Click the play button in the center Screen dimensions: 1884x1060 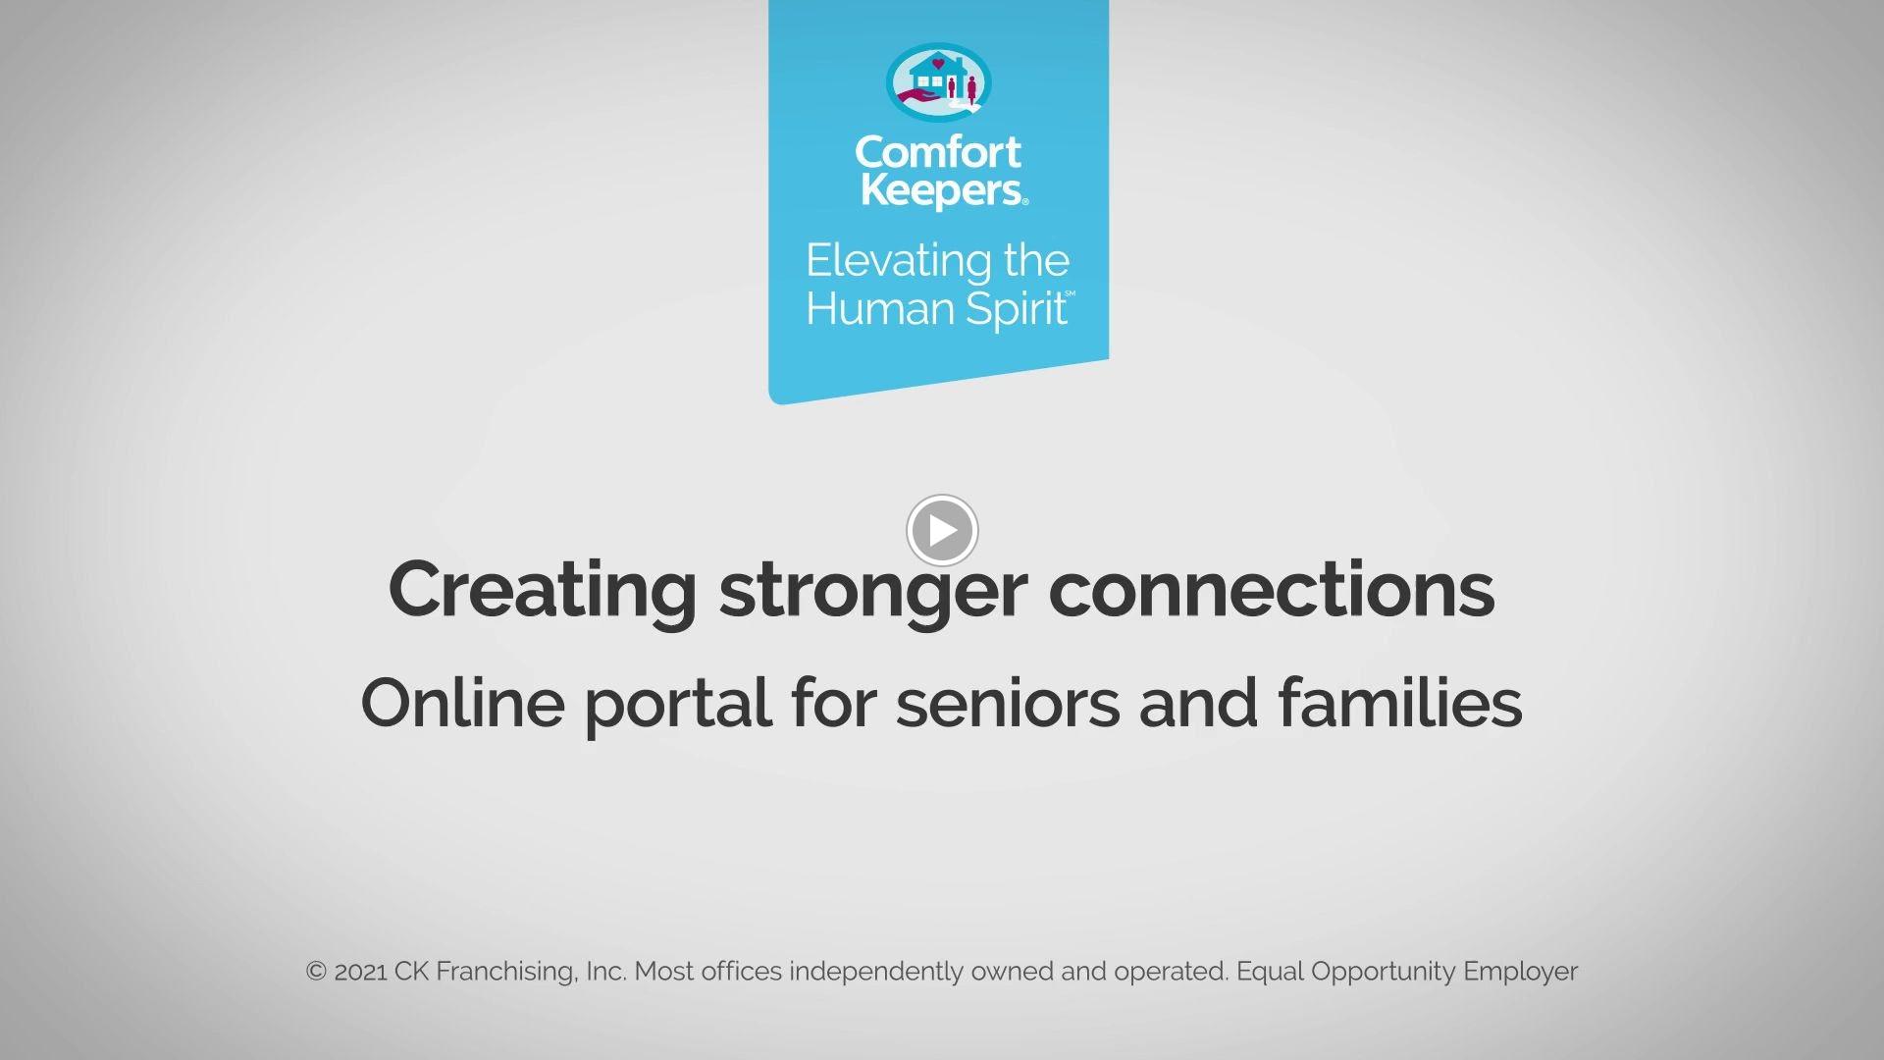(x=942, y=530)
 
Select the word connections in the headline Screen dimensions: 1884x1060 (x=1272, y=590)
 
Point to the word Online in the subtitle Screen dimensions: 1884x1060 (x=463, y=703)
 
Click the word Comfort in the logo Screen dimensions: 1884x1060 (x=938, y=152)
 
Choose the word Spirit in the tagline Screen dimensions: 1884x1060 (x=1017, y=310)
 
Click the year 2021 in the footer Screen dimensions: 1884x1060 (x=360, y=972)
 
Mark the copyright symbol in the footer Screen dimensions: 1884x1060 (x=316, y=972)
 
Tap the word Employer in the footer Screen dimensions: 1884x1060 (x=1520, y=972)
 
